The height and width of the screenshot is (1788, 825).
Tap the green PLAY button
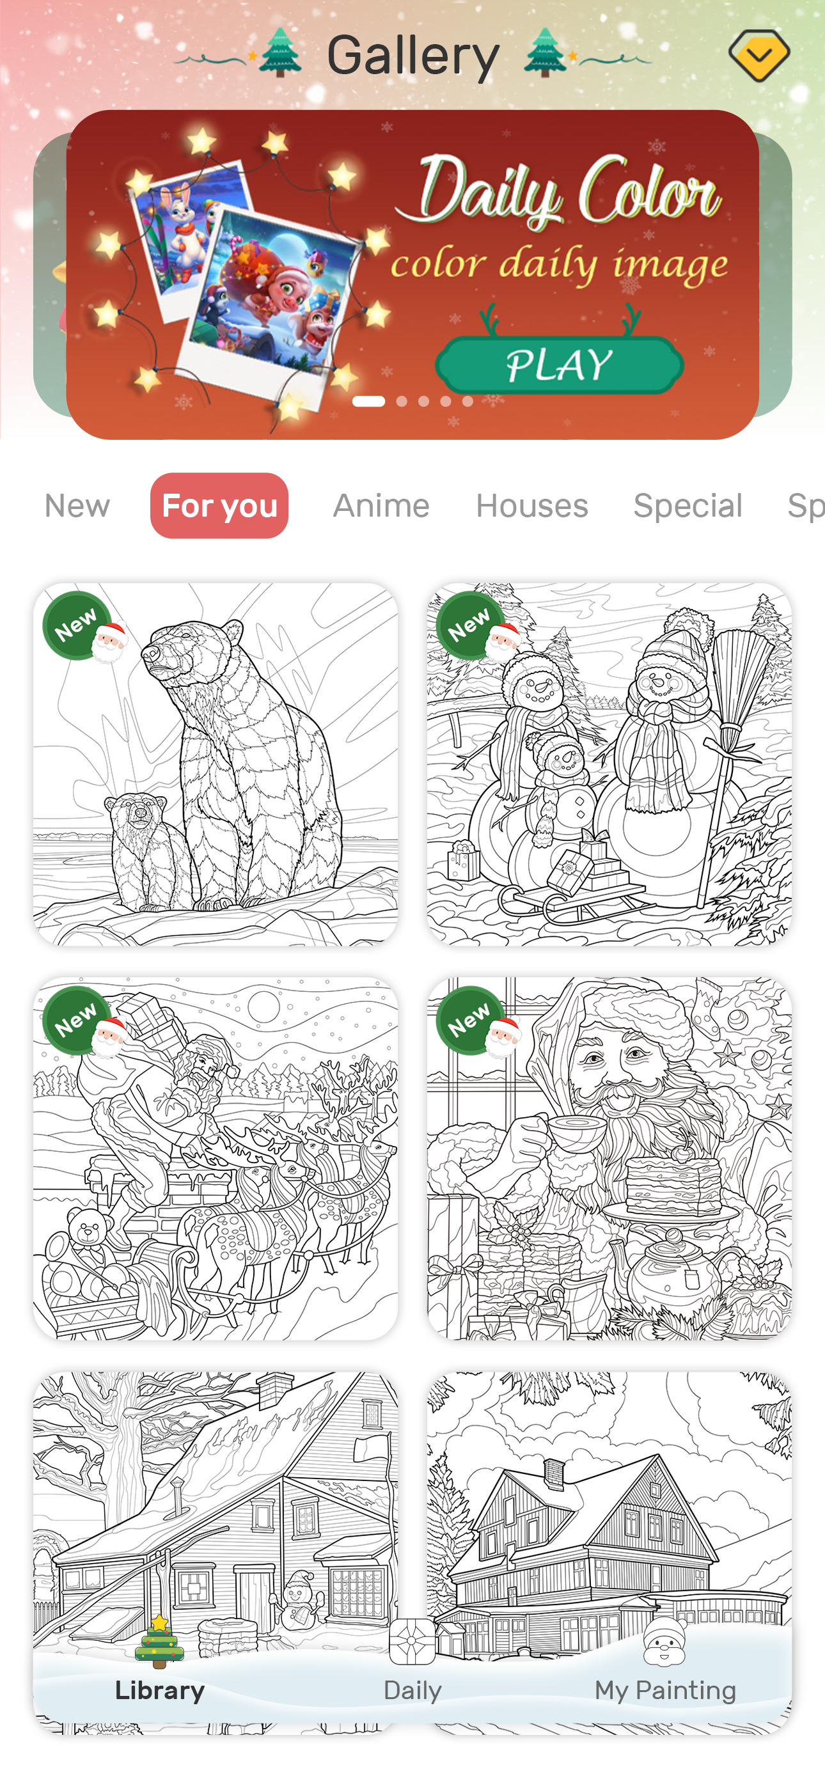(559, 365)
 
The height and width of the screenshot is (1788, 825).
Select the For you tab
(219, 505)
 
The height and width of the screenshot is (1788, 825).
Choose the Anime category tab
(381, 505)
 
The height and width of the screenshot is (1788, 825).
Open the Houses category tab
(532, 505)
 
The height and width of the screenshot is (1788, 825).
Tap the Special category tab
(687, 505)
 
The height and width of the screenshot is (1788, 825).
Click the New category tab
(77, 505)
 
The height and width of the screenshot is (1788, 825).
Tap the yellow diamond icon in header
(759, 54)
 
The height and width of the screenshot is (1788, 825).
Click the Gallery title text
(413, 56)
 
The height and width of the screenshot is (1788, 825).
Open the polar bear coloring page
(216, 764)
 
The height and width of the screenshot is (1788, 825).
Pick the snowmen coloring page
(609, 764)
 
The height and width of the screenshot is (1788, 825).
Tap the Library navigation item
(160, 1672)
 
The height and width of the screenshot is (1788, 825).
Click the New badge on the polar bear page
(75, 625)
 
